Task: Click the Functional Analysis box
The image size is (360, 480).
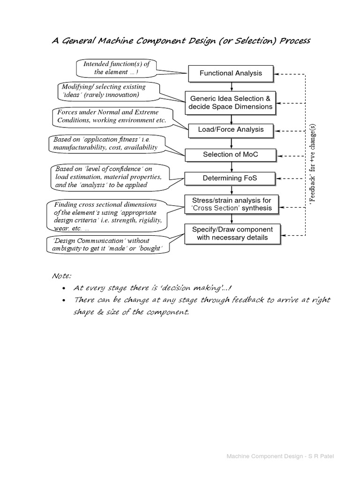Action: tap(231, 73)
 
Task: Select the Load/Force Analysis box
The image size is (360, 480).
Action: tap(231, 129)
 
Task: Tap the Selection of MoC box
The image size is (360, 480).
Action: tap(231, 154)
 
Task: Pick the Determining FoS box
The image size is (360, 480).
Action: tap(231, 178)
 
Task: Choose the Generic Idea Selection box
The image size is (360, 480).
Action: tap(231, 103)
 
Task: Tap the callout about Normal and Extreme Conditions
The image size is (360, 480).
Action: tap(112, 116)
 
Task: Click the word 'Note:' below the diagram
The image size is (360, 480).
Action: tap(62, 276)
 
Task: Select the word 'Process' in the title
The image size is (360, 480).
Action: tap(295, 40)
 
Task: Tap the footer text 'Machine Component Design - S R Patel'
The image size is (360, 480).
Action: tap(282, 456)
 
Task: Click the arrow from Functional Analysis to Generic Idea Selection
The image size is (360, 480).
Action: tap(231, 86)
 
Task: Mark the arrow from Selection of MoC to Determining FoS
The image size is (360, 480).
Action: tap(231, 166)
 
